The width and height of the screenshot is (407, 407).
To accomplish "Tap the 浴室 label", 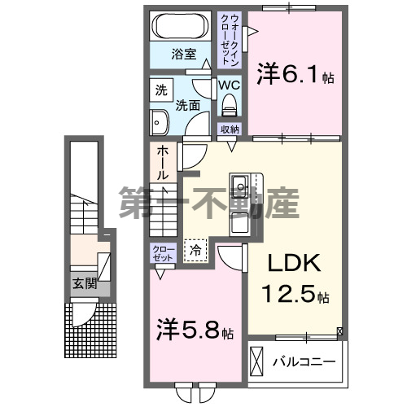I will pos(183,55).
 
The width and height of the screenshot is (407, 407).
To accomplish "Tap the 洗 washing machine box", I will pos(160,88).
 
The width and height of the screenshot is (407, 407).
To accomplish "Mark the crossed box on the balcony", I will pos(257,360).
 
